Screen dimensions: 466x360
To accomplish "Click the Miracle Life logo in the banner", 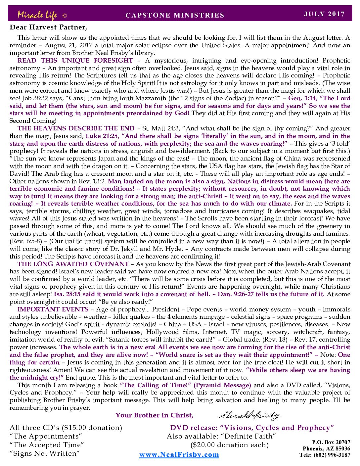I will tap(37, 15).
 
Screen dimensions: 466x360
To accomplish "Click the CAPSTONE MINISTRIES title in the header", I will tap(175, 15).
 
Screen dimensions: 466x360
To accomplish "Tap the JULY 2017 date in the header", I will tap(324, 14).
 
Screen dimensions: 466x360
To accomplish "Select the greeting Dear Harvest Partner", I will tap(48, 27).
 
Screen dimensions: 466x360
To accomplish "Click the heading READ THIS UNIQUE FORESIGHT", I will tap(75, 61).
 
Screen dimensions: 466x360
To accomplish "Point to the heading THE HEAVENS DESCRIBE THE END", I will tap(76, 128).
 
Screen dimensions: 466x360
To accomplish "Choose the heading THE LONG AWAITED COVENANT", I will tap(73, 264).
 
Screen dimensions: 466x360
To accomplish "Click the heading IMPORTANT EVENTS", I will tap(53, 309).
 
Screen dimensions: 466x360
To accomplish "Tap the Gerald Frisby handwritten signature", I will tap(249, 415).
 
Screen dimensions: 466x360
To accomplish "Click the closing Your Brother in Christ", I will tap(154, 415).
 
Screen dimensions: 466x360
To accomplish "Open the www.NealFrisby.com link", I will tap(179, 454).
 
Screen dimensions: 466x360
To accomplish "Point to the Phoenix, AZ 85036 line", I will tap(326, 448).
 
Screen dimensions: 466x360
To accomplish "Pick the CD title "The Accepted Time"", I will tap(47, 445).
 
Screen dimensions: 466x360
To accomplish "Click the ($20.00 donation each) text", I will tap(229, 445).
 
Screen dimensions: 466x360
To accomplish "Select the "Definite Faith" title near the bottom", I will tap(251, 436).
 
